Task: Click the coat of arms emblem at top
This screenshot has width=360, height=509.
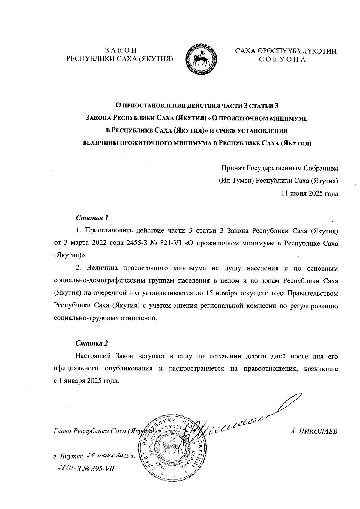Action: click(201, 59)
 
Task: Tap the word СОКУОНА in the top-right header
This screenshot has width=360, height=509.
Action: click(282, 59)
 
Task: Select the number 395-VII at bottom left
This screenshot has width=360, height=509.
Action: click(103, 469)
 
